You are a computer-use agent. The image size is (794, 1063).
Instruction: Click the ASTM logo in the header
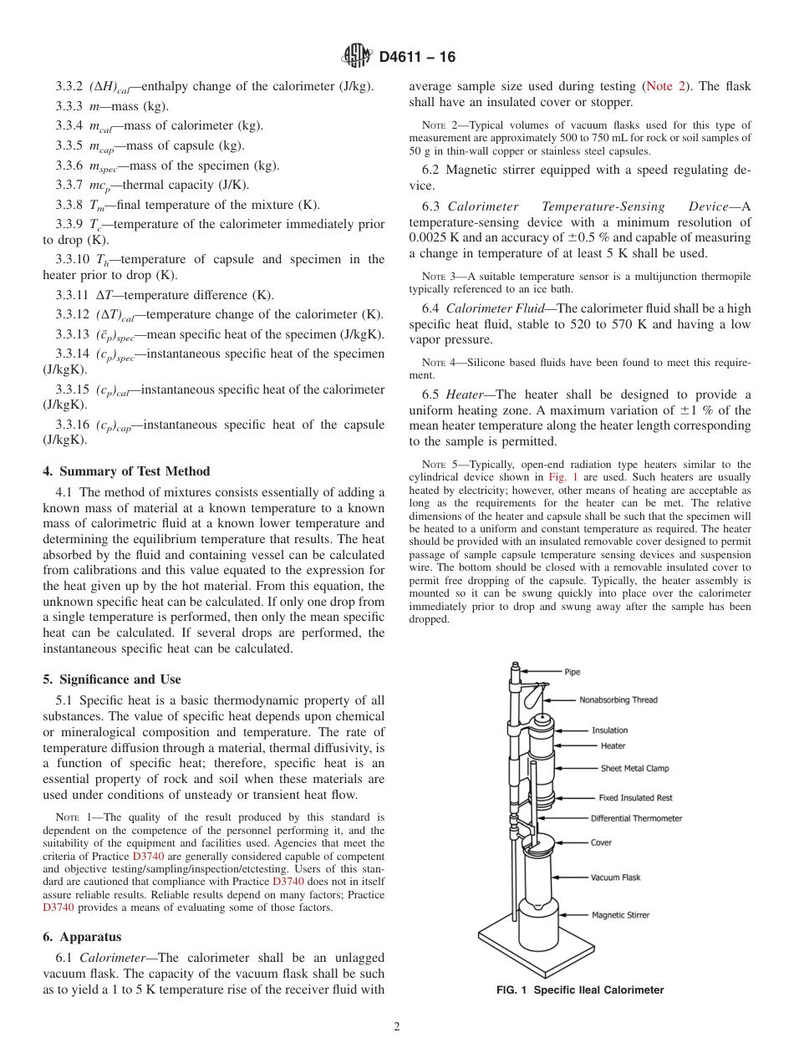pyautogui.click(x=357, y=56)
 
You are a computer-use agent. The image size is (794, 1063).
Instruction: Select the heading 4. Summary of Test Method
pyautogui.click(x=126, y=471)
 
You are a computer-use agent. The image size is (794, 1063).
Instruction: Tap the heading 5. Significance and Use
pyautogui.click(x=111, y=679)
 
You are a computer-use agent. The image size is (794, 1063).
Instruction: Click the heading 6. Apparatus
pyautogui.click(x=82, y=938)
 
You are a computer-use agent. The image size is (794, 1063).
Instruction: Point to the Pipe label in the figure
pyautogui.click(x=572, y=672)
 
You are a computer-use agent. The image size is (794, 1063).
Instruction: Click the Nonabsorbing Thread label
pyautogui.click(x=618, y=700)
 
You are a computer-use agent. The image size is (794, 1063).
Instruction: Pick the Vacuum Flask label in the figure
pyautogui.click(x=615, y=877)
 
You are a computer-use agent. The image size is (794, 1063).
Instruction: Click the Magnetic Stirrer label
pyautogui.click(x=620, y=915)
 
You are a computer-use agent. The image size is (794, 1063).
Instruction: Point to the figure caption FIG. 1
pyautogui.click(x=579, y=990)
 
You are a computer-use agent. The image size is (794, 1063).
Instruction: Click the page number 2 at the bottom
pyautogui.click(x=397, y=1027)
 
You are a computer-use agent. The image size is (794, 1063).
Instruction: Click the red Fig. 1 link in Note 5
pyautogui.click(x=558, y=476)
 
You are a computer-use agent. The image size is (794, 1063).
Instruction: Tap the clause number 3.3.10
pyautogui.click(x=71, y=259)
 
